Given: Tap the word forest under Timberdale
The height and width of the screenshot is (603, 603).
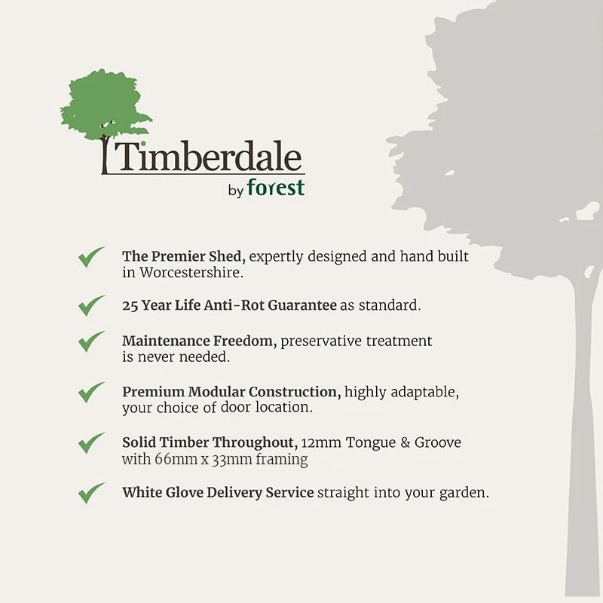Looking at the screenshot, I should point(275,188).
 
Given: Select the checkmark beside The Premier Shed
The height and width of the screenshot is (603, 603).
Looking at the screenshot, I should point(91,256).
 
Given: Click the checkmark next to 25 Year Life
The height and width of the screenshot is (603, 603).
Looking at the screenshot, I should point(91,305).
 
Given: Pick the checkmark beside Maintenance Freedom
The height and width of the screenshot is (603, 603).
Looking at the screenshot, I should point(91,341).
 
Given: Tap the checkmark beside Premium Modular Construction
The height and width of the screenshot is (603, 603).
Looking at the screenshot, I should point(91,392).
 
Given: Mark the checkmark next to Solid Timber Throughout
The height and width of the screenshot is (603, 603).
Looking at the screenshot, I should point(91,442).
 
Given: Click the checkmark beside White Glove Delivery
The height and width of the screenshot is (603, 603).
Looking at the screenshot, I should point(91,493).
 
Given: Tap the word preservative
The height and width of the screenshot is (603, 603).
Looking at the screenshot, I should point(322,341).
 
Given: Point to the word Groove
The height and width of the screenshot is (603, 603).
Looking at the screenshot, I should point(437,442).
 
